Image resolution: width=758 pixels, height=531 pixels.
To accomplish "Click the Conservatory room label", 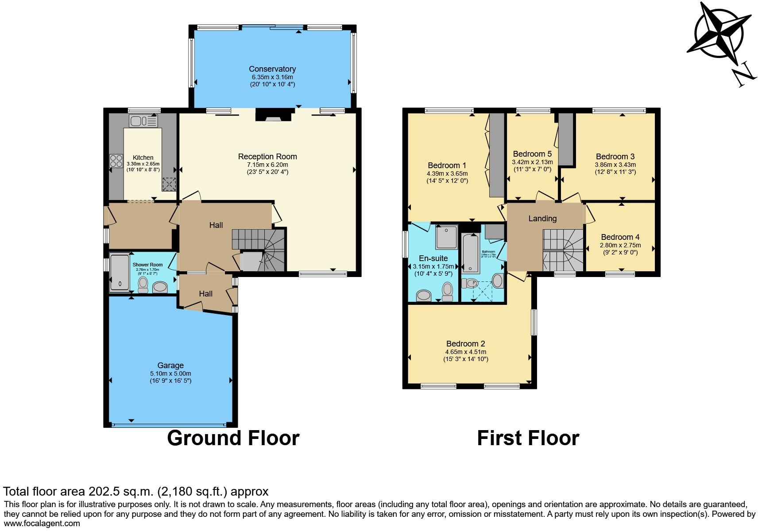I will tap(272, 69).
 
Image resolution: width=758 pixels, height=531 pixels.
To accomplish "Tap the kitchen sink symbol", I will tap(143, 120).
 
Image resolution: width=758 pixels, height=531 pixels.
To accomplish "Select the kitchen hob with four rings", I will tap(116, 161).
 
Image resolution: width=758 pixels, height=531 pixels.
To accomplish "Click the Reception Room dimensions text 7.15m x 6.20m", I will tap(267, 165).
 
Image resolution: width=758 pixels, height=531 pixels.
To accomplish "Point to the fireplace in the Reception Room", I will tap(274, 115).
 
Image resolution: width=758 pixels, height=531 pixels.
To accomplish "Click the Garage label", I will tap(170, 366).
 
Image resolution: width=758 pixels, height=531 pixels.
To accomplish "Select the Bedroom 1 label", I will tap(447, 166).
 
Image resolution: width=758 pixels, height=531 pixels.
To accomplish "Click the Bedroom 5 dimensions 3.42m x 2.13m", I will tap(532, 162).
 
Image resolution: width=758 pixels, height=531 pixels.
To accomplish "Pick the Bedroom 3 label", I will tap(615, 157).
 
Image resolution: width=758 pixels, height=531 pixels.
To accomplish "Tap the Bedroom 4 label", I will tap(620, 237).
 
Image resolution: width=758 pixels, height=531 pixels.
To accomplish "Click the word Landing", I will tap(542, 219).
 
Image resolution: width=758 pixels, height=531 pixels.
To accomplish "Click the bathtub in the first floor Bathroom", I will tap(469, 253).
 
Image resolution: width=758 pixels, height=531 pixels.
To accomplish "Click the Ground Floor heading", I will tap(233, 438).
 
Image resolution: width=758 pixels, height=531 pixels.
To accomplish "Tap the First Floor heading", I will tap(528, 438).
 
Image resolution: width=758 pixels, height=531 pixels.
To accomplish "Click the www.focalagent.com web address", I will tap(42, 523).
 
